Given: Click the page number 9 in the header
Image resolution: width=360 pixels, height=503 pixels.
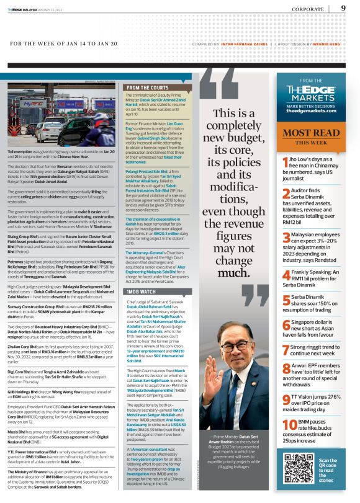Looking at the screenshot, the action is (x=343, y=8).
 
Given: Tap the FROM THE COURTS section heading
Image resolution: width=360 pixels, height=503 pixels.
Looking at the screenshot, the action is (x=146, y=88).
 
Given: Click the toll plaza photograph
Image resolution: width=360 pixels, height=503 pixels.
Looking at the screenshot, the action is (x=62, y=116).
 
